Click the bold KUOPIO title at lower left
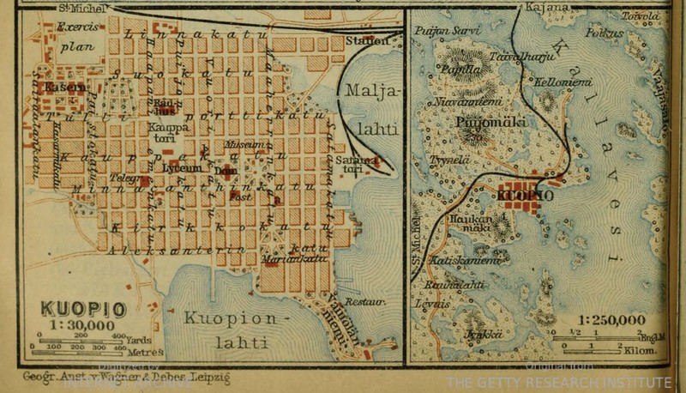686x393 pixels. pyautogui.click(x=82, y=309)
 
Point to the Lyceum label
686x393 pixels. pyautogui.click(x=181, y=168)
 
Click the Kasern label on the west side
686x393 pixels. pyautogui.click(x=65, y=87)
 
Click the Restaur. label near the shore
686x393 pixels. pyautogui.click(x=365, y=302)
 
